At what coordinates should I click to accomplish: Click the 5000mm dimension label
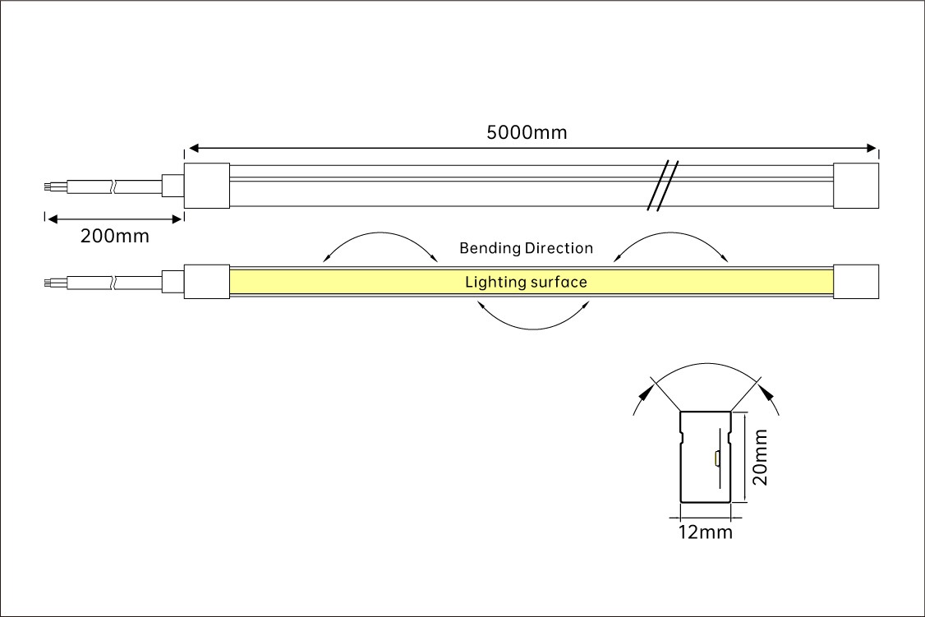pos(527,132)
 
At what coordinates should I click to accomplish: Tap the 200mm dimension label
pos(115,237)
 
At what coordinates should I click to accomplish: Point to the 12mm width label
pos(705,532)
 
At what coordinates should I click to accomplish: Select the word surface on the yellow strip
pos(558,283)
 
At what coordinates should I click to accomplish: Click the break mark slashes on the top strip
pos(661,186)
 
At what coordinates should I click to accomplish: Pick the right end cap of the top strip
pos(856,186)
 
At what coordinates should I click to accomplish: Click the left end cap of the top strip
pos(206,186)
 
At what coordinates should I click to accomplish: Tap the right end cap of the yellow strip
pos(856,282)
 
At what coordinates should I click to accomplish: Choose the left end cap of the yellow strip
pos(206,282)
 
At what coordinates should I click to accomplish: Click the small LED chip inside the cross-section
pos(716,458)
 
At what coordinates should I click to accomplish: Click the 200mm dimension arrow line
pos(113,219)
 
